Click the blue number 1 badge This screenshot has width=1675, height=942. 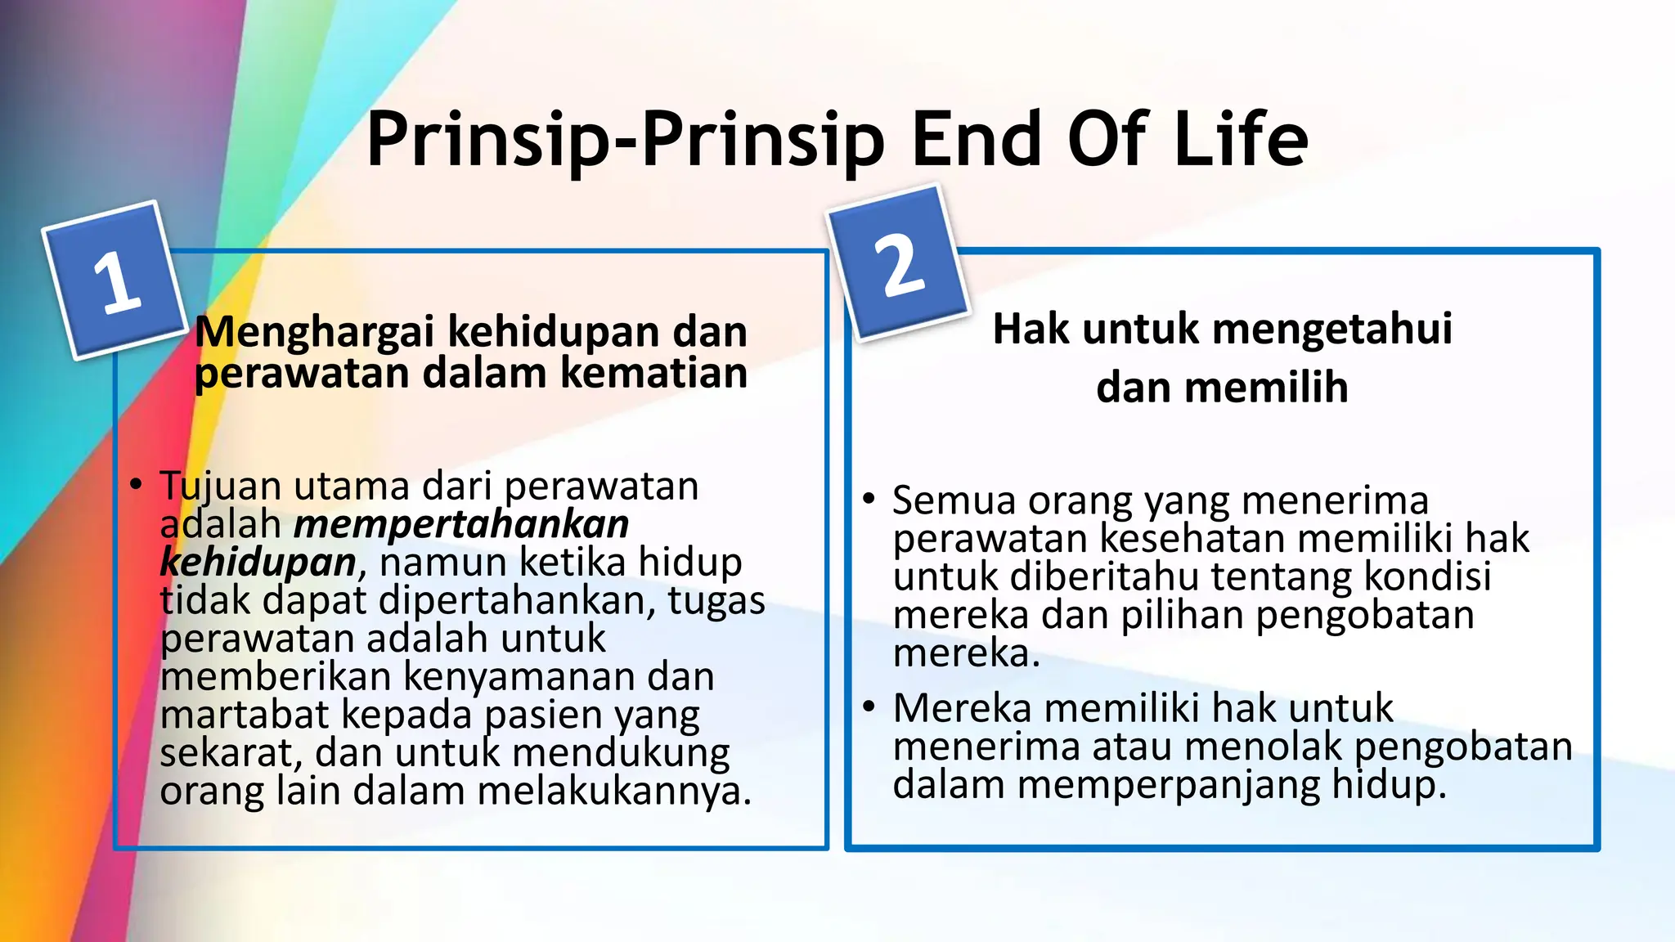click(x=115, y=280)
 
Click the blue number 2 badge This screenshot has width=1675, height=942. click(x=898, y=262)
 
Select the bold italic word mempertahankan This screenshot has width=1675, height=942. click(x=461, y=524)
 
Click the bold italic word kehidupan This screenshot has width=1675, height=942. click(x=258, y=563)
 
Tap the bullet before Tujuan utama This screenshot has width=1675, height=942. click(x=136, y=484)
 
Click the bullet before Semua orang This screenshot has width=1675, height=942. click(x=869, y=498)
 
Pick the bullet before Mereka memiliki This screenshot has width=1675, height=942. click(x=869, y=706)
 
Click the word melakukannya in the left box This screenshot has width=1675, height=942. click(x=613, y=791)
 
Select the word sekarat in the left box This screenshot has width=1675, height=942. click(x=229, y=753)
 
